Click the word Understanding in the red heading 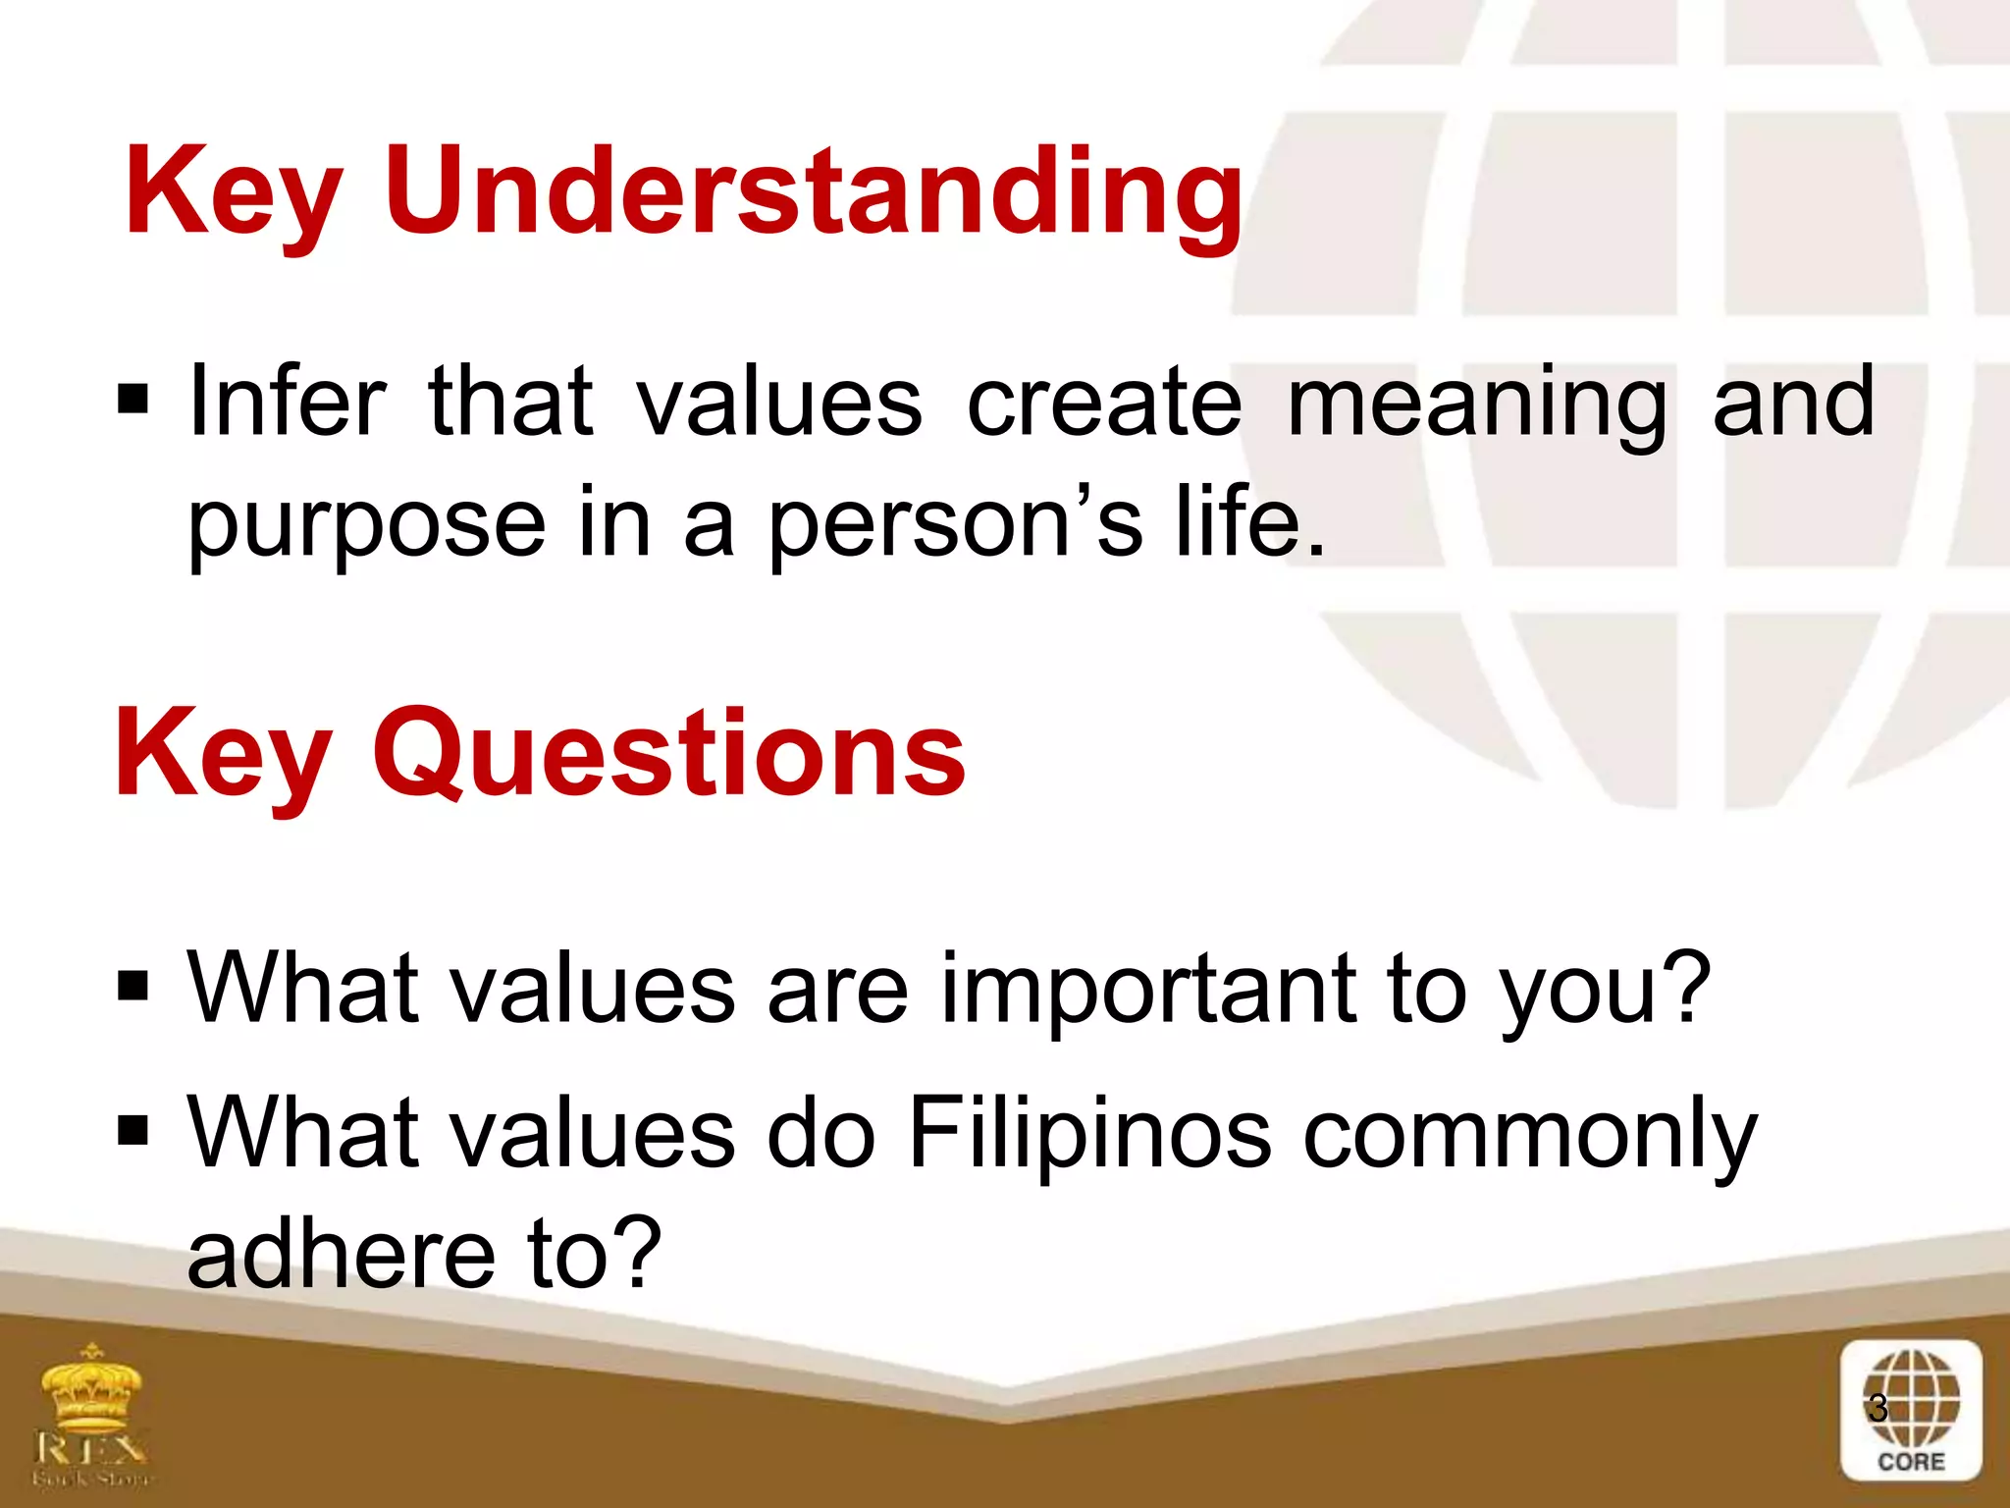[814, 191]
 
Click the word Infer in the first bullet [287, 403]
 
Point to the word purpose [366, 525]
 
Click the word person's [953, 525]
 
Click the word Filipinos [1089, 1134]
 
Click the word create [1104, 403]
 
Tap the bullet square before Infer [132, 401]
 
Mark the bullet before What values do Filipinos [132, 1130]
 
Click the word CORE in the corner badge [1910, 1462]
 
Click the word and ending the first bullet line [1793, 403]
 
